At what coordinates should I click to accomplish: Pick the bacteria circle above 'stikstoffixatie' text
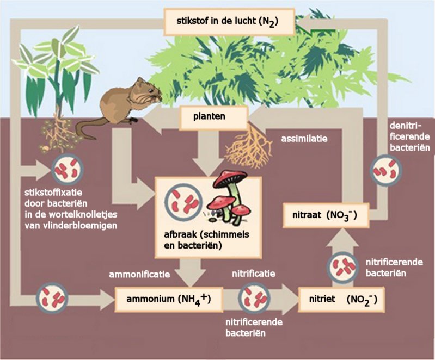(67, 169)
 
